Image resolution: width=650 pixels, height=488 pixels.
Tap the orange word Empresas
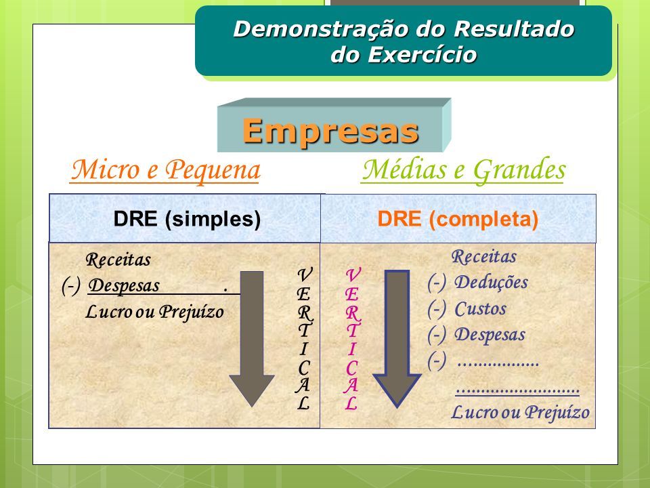click(330, 131)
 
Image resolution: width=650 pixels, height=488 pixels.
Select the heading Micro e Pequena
click(165, 170)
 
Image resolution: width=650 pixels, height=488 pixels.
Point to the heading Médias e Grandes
click(464, 170)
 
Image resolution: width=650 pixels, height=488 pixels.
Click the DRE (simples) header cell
click(185, 218)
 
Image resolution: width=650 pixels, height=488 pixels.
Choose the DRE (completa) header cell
click(458, 219)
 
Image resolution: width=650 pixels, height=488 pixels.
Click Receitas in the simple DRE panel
click(118, 260)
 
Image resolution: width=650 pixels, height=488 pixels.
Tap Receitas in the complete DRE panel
click(483, 257)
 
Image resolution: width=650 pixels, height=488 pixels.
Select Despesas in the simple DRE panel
click(124, 286)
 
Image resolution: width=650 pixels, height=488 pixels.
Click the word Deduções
click(492, 283)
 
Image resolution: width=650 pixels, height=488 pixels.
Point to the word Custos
click(481, 309)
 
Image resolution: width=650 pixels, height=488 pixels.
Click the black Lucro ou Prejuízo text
click(154, 312)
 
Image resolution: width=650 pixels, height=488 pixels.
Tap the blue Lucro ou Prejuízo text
click(520, 413)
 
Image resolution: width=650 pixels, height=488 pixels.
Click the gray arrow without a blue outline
click(252, 339)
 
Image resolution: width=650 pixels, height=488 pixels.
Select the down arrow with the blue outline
click(397, 339)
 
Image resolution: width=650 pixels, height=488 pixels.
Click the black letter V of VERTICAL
click(305, 274)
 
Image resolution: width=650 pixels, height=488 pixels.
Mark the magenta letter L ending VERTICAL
click(351, 403)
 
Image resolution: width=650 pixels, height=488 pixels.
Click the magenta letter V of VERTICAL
click(353, 274)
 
